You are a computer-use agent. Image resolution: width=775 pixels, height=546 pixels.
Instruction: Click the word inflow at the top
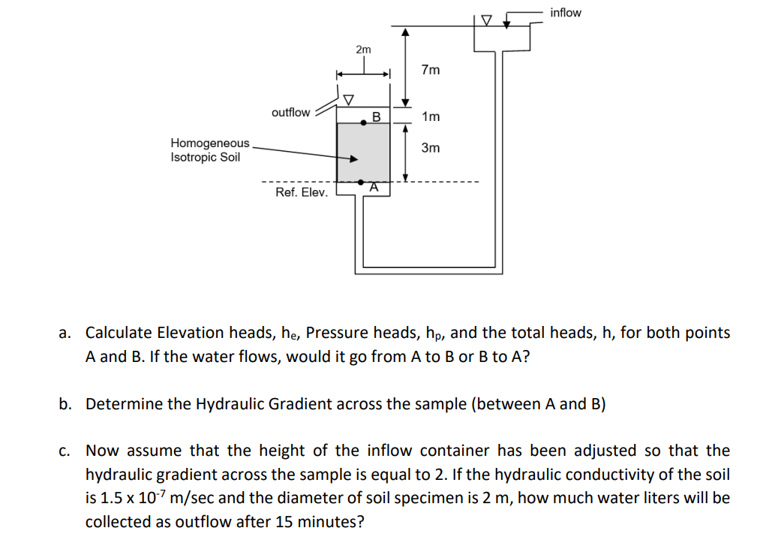[x=565, y=13]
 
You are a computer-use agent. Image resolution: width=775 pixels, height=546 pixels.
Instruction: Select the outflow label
[x=290, y=113]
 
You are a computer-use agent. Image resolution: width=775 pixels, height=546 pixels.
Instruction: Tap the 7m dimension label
[x=431, y=70]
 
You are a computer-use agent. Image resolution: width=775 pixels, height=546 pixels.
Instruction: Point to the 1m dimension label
[x=431, y=116]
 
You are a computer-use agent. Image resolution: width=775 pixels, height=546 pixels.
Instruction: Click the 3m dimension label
[x=431, y=148]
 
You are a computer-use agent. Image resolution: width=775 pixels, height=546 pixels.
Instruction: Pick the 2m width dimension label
[x=363, y=50]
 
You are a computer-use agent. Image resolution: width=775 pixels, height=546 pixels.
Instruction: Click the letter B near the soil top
[x=377, y=116]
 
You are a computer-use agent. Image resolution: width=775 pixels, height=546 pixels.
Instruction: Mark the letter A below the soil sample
[x=373, y=189]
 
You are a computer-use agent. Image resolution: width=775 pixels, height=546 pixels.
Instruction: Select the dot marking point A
[x=362, y=182]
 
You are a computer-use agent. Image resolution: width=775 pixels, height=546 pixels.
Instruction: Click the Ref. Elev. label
[x=302, y=192]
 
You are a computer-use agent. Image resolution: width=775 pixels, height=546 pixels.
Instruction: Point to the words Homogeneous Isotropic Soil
[x=209, y=150]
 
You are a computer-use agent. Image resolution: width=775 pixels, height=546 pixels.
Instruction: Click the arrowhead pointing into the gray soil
[x=354, y=158]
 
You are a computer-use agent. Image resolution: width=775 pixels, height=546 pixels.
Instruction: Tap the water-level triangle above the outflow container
[x=348, y=99]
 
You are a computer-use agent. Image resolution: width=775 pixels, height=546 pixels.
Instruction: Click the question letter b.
[x=67, y=404]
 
